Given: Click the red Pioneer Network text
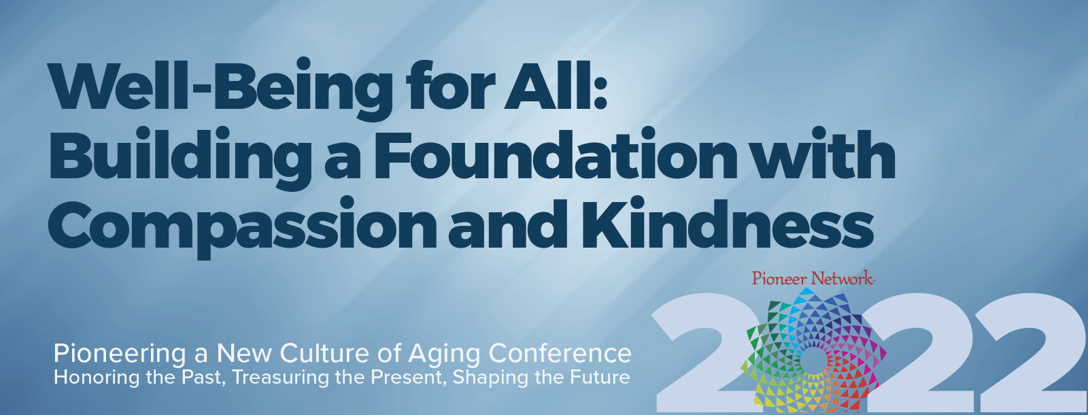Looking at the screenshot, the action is [x=812, y=278].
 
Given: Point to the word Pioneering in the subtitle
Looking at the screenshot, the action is [x=120, y=354].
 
